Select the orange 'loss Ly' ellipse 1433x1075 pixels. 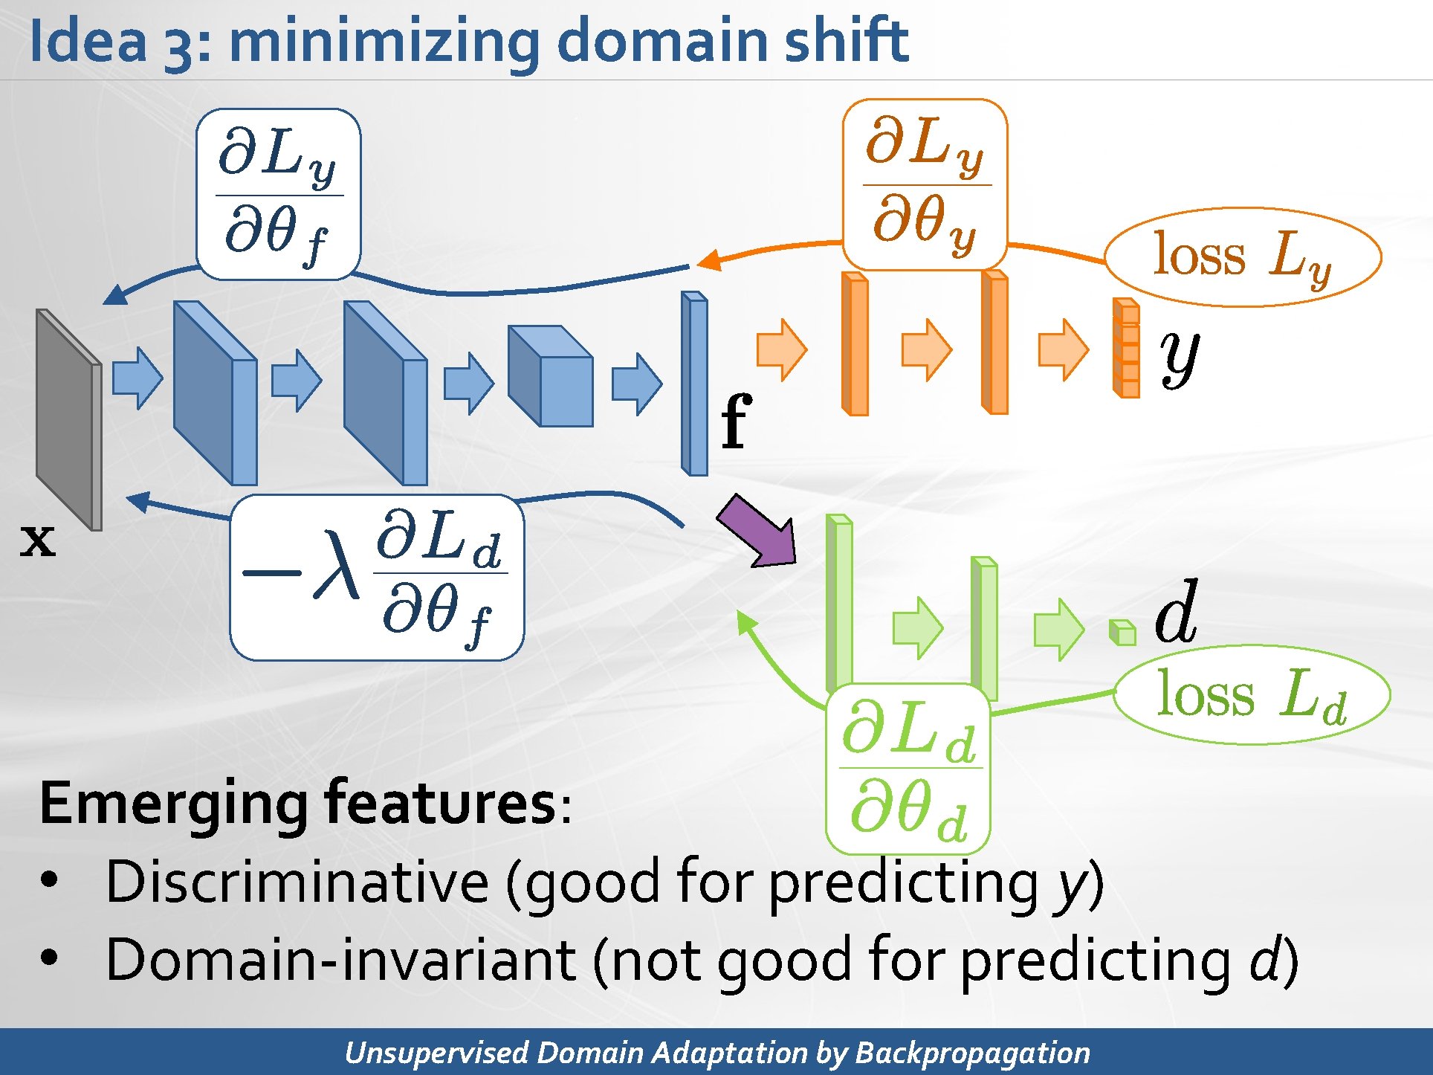pos(1243,256)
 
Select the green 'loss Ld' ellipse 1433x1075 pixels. pos(1252,695)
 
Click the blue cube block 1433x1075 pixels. pos(551,376)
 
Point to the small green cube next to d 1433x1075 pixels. pos(1122,632)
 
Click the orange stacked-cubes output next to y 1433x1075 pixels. pos(1126,348)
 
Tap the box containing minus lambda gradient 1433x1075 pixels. pos(377,578)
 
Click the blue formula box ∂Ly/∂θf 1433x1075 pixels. pos(278,194)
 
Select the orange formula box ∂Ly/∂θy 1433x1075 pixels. pos(925,184)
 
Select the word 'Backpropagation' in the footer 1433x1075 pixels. pos(972,1053)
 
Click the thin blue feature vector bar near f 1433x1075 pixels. pos(695,384)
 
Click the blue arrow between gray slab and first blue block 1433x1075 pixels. pos(138,378)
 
